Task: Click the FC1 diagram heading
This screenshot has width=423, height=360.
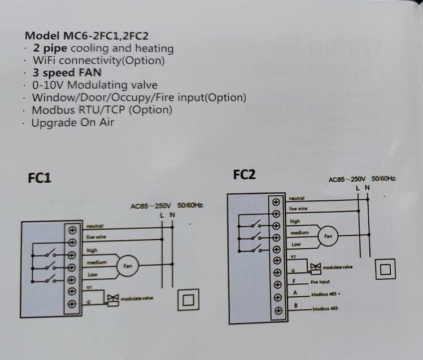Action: [x=40, y=178]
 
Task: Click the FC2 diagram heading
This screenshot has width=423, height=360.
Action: [x=244, y=175]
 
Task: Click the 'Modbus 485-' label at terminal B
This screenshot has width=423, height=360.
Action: [x=326, y=308]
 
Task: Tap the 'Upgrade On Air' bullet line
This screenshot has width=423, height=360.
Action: [x=73, y=122]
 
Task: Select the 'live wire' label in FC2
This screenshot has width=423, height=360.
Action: [x=298, y=209]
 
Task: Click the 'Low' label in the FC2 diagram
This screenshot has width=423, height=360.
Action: [x=296, y=244]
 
